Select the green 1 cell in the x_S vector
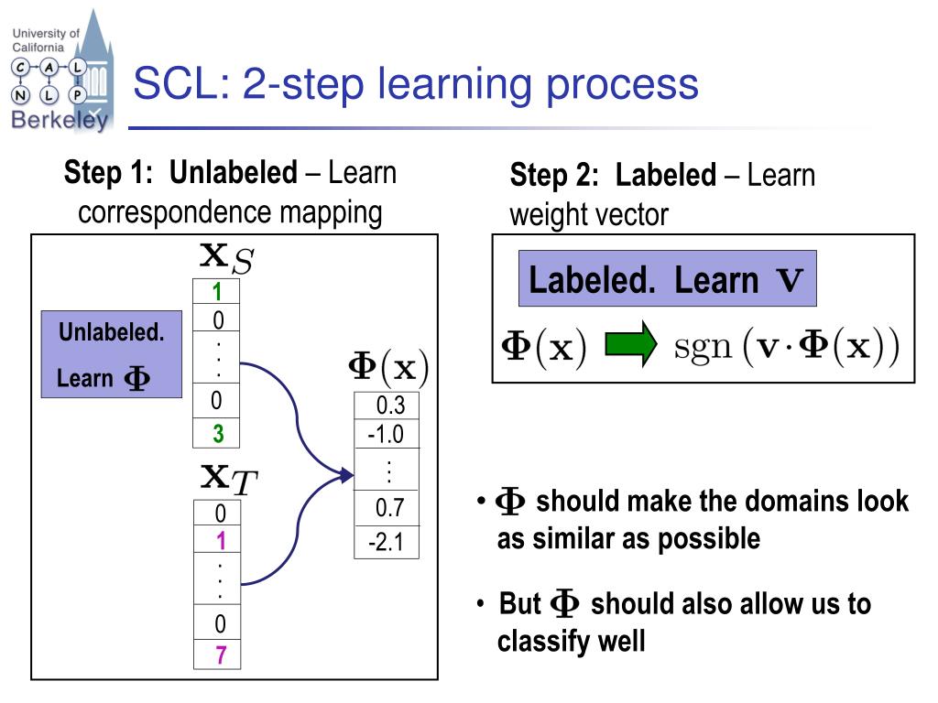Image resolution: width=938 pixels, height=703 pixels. click(217, 293)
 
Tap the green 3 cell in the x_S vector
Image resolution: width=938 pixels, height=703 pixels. click(217, 434)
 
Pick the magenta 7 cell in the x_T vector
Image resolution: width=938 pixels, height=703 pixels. click(220, 655)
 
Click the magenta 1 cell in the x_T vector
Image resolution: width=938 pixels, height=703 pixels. click(220, 541)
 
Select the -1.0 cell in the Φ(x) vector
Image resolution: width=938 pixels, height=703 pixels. click(386, 435)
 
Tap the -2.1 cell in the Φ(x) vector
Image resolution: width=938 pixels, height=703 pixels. click(386, 542)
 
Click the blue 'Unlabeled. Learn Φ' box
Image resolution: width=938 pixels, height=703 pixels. click(112, 355)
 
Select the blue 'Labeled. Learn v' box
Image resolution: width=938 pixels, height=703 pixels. click(667, 278)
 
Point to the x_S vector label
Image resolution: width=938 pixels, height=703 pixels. click(225, 257)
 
